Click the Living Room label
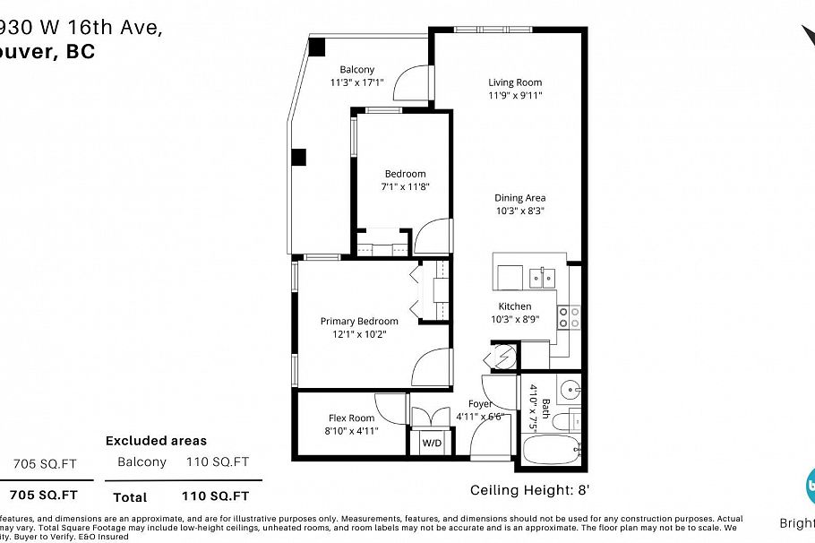click(515, 82)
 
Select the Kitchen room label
click(515, 306)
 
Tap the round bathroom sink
click(570, 390)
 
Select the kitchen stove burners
click(569, 317)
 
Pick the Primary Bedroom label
click(359, 321)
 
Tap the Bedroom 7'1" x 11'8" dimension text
click(405, 187)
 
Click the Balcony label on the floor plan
click(356, 70)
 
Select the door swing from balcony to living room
click(415, 83)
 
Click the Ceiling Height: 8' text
click(529, 490)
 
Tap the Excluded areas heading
click(156, 440)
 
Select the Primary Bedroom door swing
click(431, 366)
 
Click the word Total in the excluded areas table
click(130, 496)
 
